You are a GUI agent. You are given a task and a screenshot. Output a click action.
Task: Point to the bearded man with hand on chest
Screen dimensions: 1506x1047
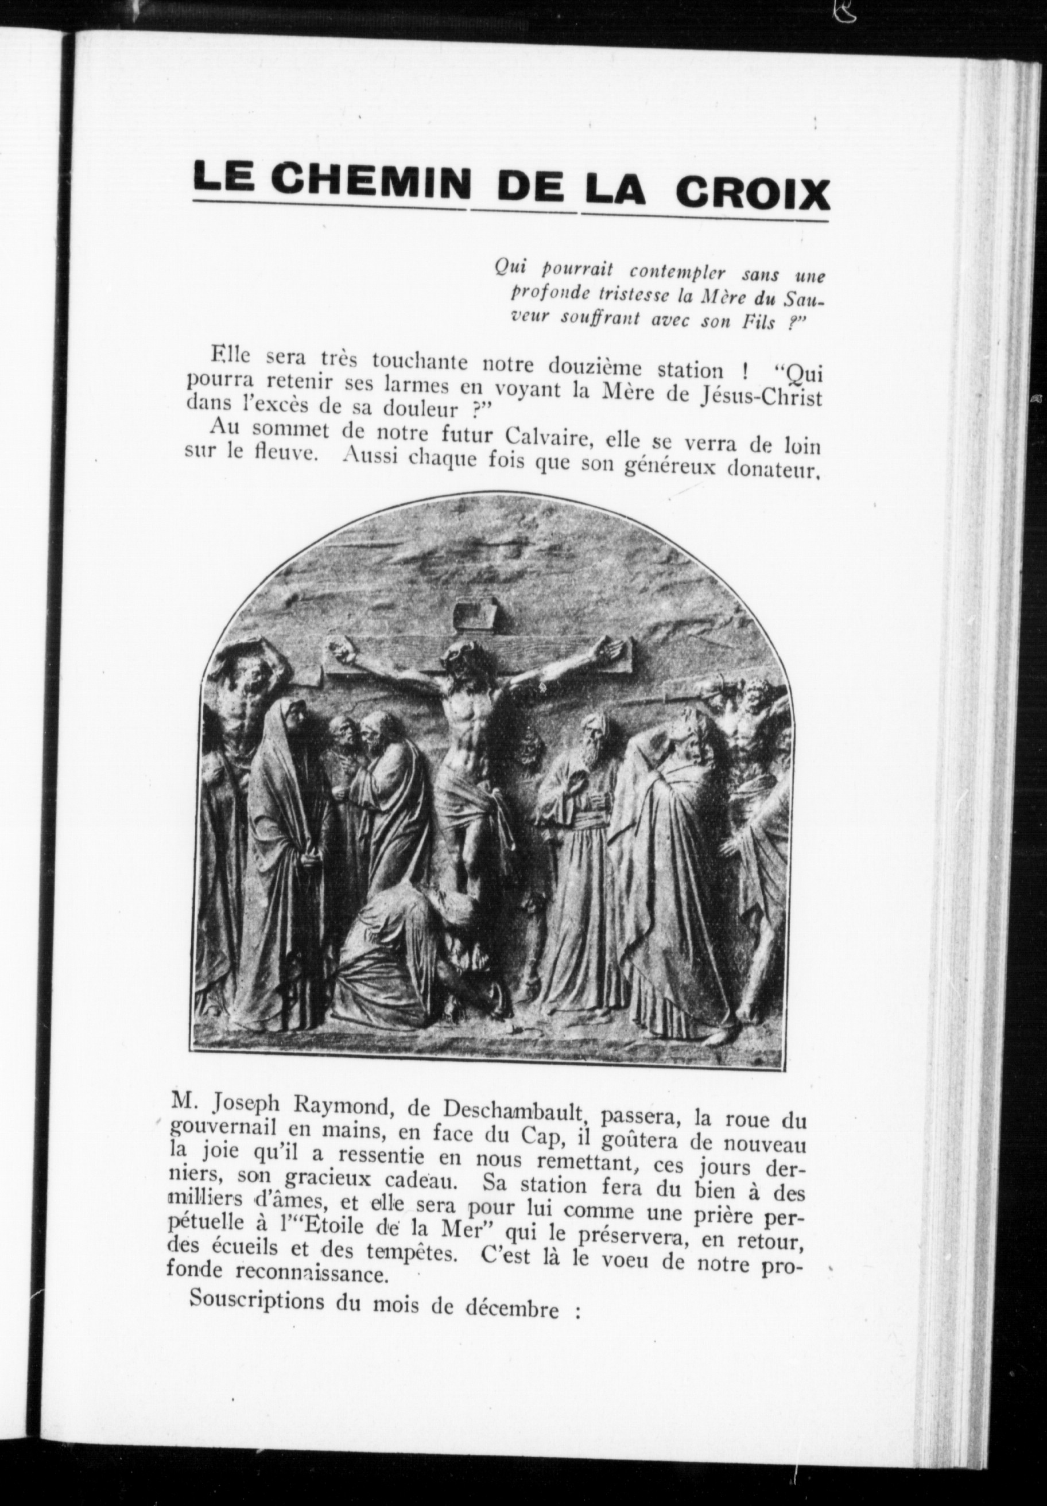(x=577, y=826)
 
